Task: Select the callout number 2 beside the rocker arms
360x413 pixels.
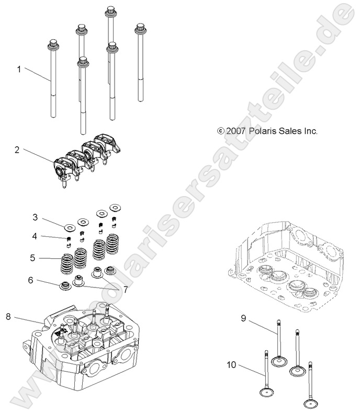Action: point(17,150)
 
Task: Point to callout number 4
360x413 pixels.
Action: point(35,236)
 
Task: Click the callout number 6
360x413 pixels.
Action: point(31,280)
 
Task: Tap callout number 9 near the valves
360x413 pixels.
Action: point(243,318)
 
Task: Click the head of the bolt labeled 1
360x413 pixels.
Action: point(52,44)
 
